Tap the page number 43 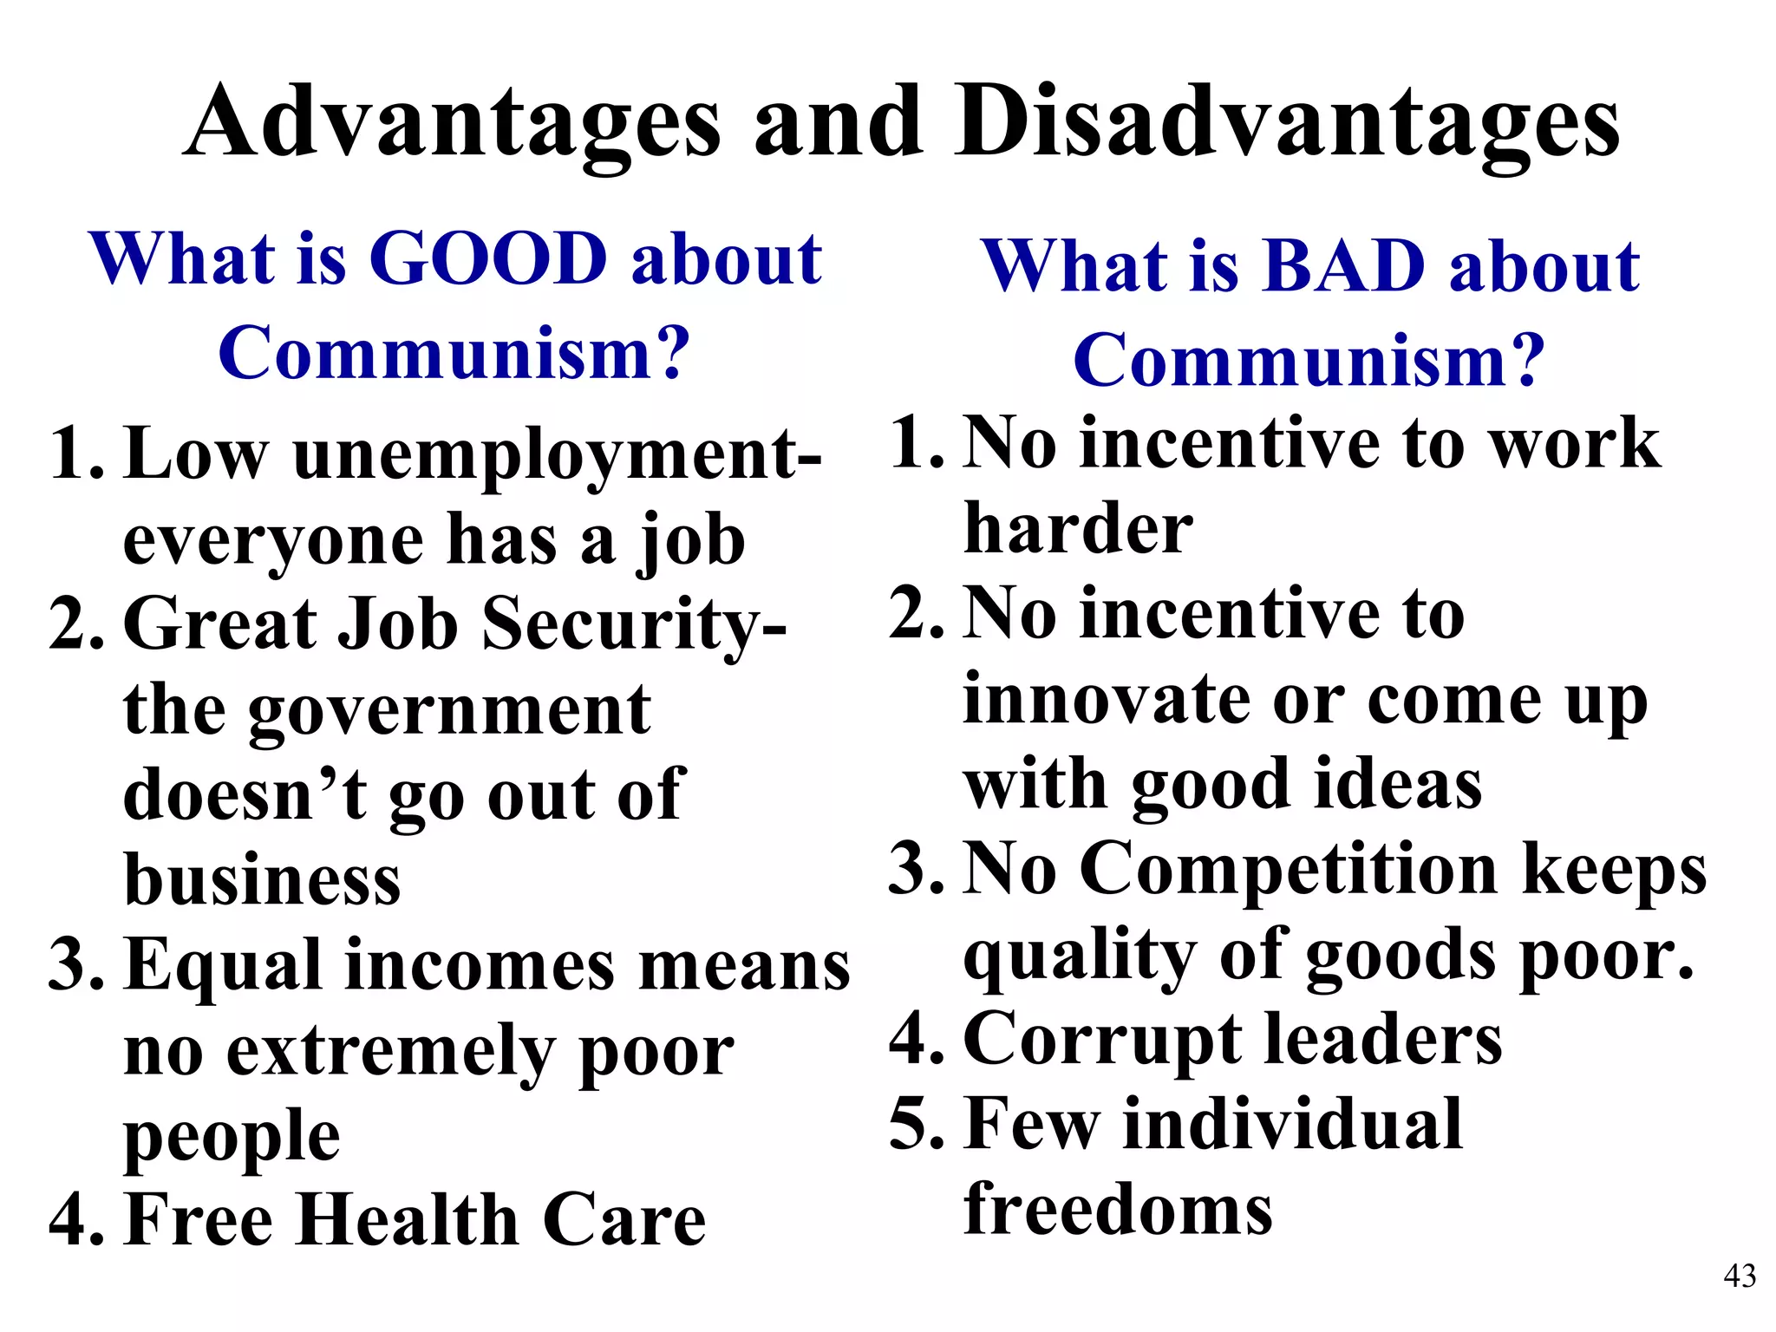[1740, 1276]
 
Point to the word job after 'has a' [691, 541]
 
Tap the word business [262, 879]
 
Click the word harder [1078, 528]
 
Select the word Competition [1290, 869]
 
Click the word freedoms [1119, 1208]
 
